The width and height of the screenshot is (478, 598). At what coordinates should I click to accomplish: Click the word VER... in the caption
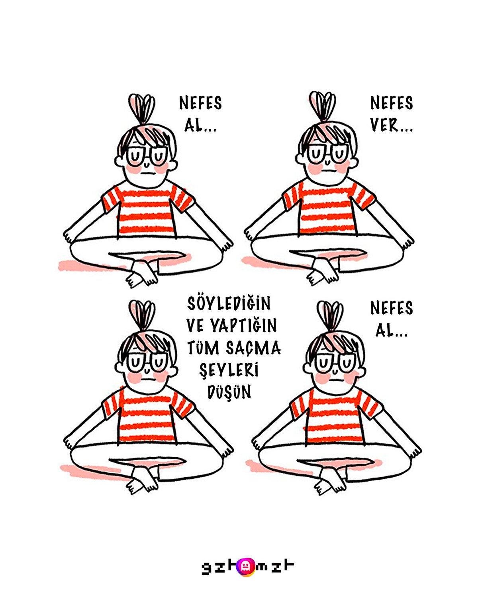point(391,125)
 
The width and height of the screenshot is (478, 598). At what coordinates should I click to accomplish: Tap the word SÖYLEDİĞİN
point(229,304)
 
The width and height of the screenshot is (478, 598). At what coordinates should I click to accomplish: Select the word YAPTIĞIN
point(244,326)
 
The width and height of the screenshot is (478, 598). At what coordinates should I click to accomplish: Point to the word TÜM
point(203,348)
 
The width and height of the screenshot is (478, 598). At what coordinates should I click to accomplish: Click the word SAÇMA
point(253,348)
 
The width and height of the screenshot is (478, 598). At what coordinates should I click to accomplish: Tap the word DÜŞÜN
point(229,392)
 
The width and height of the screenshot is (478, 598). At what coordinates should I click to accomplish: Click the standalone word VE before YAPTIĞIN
point(195,326)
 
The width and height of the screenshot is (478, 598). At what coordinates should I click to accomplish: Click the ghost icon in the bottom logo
point(245,567)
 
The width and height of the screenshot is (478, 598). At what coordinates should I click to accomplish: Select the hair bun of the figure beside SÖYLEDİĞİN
point(142,314)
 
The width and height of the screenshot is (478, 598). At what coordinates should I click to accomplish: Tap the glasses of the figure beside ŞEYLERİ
point(147,362)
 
